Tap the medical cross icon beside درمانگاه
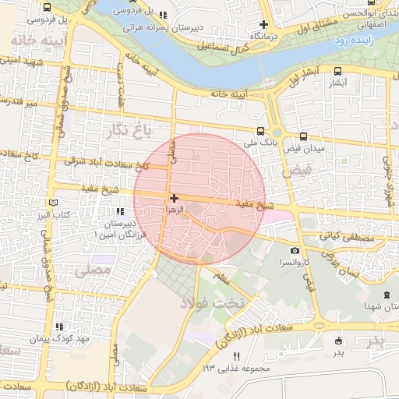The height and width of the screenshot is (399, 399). pos(263,25)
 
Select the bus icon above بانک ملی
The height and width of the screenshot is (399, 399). pos(260,132)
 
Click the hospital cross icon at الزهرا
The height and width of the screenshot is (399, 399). pos(173,199)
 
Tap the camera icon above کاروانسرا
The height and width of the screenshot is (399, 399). pos(295,250)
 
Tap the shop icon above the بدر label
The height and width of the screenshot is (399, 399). pos(338,341)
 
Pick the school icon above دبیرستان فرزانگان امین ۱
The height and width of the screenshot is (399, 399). pos(119,211)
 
